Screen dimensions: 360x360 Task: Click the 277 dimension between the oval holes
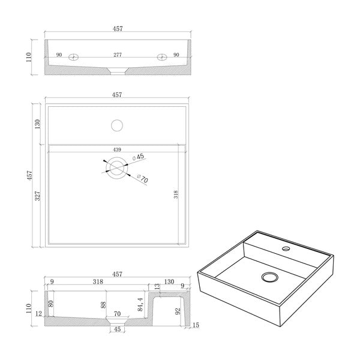(x=118, y=55)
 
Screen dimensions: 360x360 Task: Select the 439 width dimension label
(x=117, y=149)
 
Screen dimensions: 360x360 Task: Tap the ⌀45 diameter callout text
(x=138, y=157)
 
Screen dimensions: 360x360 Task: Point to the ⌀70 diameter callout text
(x=143, y=178)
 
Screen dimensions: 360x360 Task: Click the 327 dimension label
(x=37, y=196)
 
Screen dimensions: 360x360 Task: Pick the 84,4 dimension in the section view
(x=140, y=305)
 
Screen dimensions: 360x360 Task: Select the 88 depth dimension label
(x=103, y=305)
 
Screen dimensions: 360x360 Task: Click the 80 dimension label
(x=51, y=304)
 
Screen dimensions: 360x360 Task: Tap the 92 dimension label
(x=178, y=311)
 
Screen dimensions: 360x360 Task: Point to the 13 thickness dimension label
(x=157, y=286)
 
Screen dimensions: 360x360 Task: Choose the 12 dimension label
(x=39, y=314)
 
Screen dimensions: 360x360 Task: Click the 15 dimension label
(x=196, y=325)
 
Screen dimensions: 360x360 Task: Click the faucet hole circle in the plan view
(x=117, y=125)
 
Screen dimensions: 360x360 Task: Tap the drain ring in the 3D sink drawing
(x=270, y=277)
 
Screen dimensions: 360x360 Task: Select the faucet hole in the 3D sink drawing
(x=286, y=248)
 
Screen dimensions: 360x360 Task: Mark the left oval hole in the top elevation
(x=73, y=57)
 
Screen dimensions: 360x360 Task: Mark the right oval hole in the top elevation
(x=162, y=57)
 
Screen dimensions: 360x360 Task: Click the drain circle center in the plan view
(x=117, y=168)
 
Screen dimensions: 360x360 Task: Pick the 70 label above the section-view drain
(x=117, y=314)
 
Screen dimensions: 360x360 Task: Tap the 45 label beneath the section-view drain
(x=117, y=329)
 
